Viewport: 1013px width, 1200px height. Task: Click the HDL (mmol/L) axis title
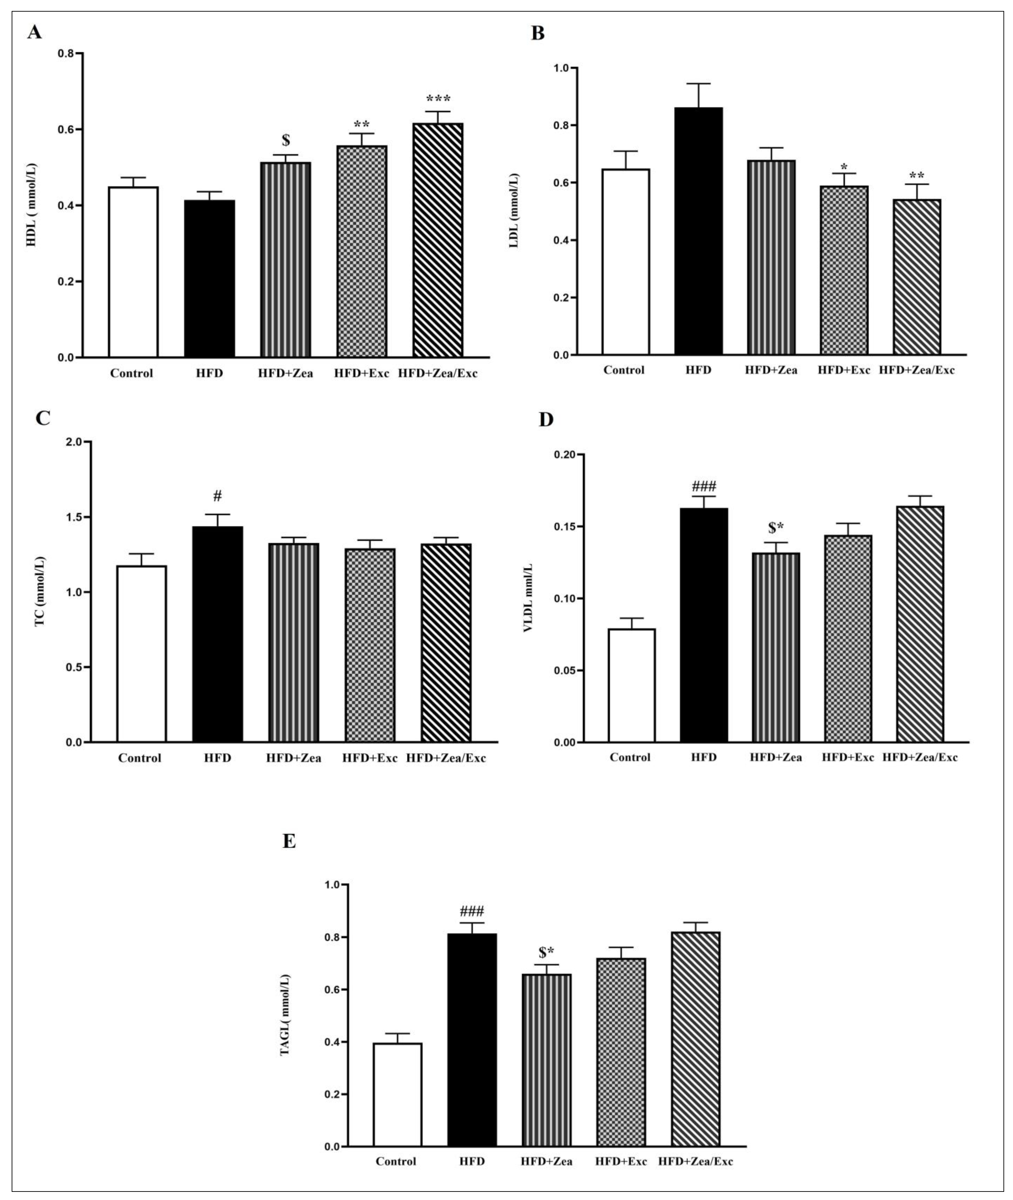pos(32,205)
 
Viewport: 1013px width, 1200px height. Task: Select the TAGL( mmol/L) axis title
pos(285,1015)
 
